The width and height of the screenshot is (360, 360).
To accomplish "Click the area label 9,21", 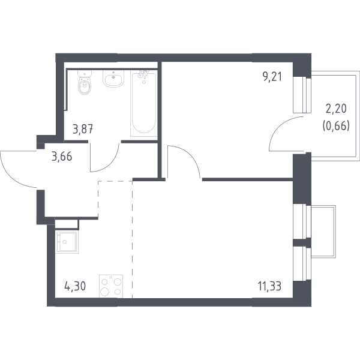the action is [272, 77].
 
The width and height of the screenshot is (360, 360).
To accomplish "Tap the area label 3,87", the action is [83, 129].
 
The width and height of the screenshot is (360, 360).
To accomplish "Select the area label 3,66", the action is [62, 157].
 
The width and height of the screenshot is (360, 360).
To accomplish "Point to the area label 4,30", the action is [75, 287].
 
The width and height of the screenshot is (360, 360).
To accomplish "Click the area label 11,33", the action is [269, 287].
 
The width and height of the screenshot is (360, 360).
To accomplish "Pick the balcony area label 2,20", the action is [336, 109].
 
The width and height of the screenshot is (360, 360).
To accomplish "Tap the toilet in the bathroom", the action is [85, 82].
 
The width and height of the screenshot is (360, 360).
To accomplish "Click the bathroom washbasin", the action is [113, 78].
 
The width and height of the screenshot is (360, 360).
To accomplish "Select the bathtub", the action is [144, 103].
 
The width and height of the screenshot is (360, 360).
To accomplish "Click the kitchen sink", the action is [67, 242].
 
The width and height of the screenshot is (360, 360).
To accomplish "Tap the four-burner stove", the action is [111, 286].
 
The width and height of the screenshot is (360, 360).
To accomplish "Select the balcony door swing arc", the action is [277, 128].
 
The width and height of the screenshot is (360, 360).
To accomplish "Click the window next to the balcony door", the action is [302, 95].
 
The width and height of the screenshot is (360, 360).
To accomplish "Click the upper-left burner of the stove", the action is [105, 282].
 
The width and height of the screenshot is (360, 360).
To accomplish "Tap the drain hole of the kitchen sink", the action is [65, 242].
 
